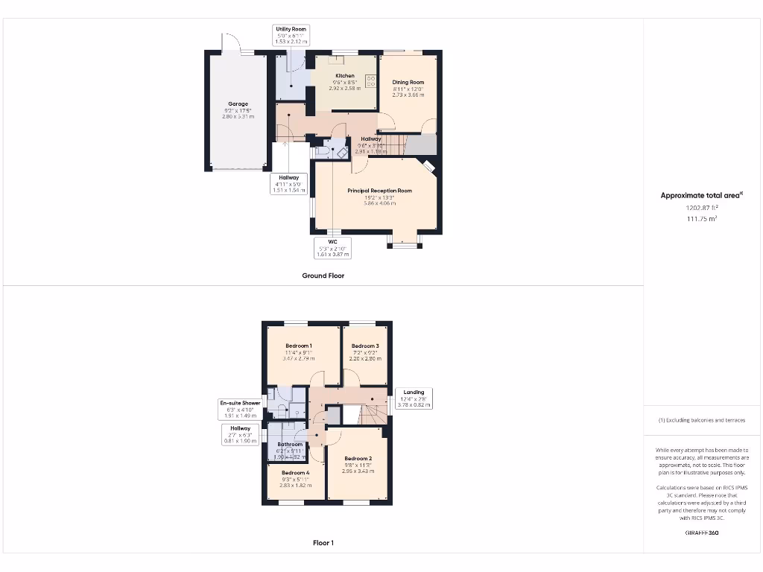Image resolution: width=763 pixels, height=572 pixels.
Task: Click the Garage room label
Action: pyautogui.click(x=238, y=104)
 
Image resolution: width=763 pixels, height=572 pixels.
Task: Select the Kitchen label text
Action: pyautogui.click(x=345, y=76)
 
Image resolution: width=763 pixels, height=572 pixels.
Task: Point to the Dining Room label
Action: pyautogui.click(x=408, y=82)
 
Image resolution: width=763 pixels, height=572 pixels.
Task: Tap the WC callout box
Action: pyautogui.click(x=333, y=247)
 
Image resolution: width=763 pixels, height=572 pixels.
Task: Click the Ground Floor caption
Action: pyautogui.click(x=323, y=276)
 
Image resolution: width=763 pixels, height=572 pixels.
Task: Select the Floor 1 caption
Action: pyautogui.click(x=323, y=543)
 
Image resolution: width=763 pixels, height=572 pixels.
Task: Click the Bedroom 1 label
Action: pyautogui.click(x=299, y=346)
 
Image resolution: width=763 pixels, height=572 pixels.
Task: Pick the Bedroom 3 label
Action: pyautogui.click(x=365, y=346)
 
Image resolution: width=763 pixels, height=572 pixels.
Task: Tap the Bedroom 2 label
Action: pyautogui.click(x=358, y=459)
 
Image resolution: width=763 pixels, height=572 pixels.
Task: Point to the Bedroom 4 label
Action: pyautogui.click(x=296, y=473)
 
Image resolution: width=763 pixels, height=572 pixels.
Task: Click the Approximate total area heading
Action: pyautogui.click(x=701, y=195)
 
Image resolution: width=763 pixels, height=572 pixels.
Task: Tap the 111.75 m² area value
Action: pyautogui.click(x=701, y=219)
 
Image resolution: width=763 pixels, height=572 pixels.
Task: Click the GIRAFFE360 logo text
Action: pyautogui.click(x=701, y=533)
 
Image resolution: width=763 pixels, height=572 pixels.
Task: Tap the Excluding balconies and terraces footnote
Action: pyautogui.click(x=701, y=420)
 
